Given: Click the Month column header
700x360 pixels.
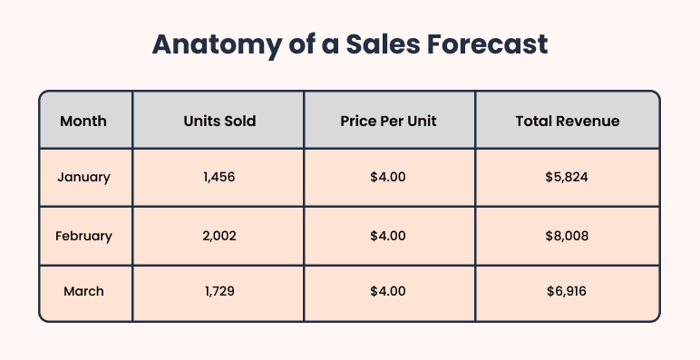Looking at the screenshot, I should point(83,121).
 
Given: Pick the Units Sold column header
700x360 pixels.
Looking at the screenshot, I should point(219,121).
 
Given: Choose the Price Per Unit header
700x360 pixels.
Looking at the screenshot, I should point(388,121).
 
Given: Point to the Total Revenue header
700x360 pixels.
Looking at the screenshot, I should point(568,121).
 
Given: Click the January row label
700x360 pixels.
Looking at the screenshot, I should point(83,178).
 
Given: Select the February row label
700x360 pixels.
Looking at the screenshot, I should point(83,236).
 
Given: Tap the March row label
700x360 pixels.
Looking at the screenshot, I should point(83,292).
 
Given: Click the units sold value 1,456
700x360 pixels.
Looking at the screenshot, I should point(219,178).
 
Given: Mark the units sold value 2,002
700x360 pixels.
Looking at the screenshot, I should point(219,236).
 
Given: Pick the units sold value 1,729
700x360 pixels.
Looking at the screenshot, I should point(219,292).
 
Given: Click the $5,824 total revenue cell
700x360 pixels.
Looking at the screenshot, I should point(568,178).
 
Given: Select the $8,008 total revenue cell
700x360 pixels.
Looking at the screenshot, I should point(568,236).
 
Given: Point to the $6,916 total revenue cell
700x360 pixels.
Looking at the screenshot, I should point(568,292).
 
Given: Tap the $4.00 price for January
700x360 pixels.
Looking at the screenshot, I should point(388,178).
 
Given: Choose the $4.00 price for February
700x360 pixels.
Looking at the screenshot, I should point(388,236).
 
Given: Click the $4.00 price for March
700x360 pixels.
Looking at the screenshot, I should point(388,292).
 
